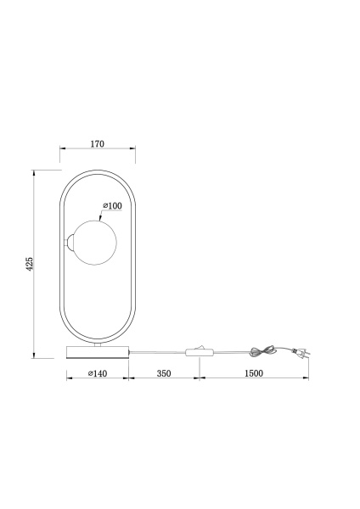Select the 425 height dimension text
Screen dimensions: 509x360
point(29,262)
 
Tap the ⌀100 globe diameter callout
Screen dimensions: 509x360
point(112,206)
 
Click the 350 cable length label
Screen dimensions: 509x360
point(164,372)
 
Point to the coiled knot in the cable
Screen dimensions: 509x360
point(263,350)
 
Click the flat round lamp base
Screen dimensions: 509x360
point(96,351)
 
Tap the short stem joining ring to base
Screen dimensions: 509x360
point(96,344)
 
